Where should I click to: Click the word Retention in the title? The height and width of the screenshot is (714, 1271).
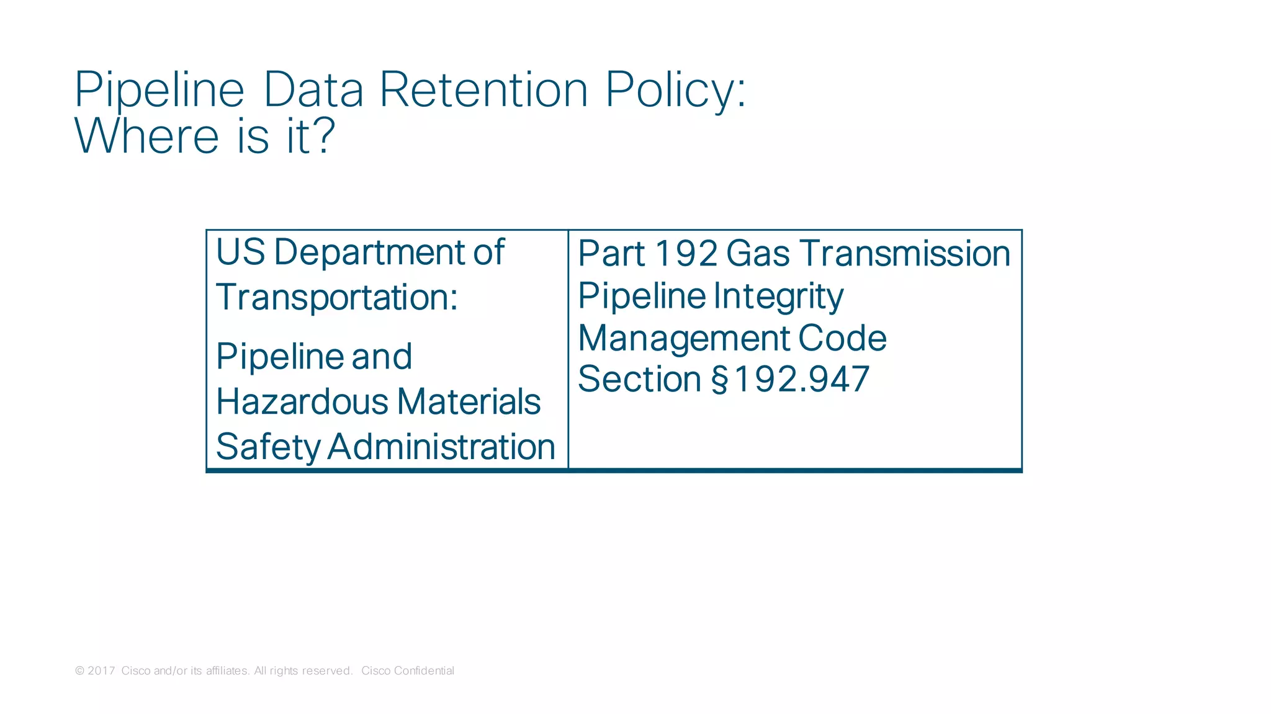click(x=483, y=90)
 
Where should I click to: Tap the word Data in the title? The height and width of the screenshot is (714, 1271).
click(x=313, y=90)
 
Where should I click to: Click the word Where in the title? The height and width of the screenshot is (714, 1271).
click(x=146, y=136)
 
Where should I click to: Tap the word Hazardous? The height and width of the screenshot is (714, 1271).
click(x=301, y=401)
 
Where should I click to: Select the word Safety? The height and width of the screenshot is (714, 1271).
click(x=268, y=447)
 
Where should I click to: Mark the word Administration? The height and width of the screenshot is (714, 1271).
click(x=441, y=447)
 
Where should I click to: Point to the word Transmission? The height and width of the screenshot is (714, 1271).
click(x=905, y=254)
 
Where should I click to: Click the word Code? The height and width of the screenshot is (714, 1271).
click(x=842, y=339)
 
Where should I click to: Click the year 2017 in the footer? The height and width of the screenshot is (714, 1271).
click(x=101, y=671)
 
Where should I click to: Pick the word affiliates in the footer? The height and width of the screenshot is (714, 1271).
click(x=227, y=671)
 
